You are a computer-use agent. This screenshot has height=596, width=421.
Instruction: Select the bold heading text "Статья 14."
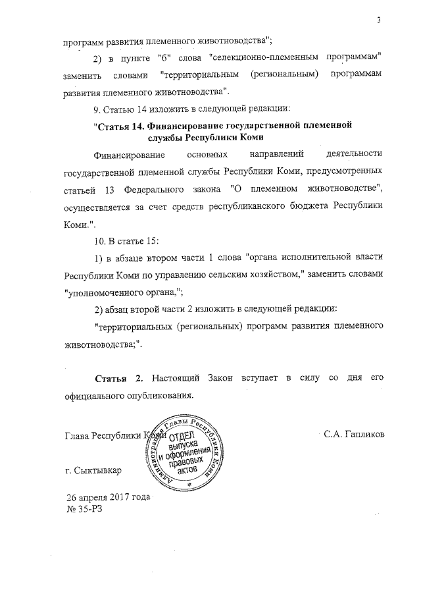coord(122,123)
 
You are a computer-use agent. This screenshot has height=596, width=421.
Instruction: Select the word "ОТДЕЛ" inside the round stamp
coord(182,439)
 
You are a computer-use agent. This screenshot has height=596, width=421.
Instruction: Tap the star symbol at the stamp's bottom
coord(189,485)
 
